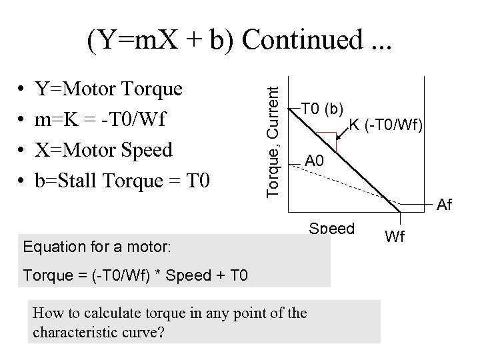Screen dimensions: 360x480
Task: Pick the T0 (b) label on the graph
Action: coord(323,109)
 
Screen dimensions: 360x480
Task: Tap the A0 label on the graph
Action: coord(314,161)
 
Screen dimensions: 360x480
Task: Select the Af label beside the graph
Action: coord(445,205)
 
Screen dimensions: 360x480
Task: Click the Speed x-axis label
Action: coord(331,228)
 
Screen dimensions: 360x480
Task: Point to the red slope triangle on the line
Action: coord(327,141)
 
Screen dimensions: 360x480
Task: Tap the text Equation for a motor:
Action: coord(98,247)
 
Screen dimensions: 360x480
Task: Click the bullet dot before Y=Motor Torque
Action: coord(23,89)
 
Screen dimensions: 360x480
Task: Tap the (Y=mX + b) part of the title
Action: coord(162,41)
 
